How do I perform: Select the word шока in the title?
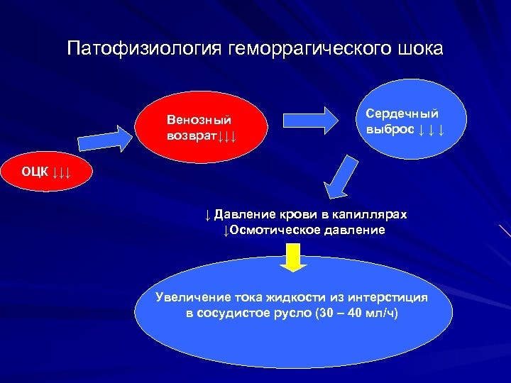pos(420,49)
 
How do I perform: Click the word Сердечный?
pos(402,113)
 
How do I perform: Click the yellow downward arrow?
pos(292,257)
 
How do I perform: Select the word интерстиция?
pos(402,297)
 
